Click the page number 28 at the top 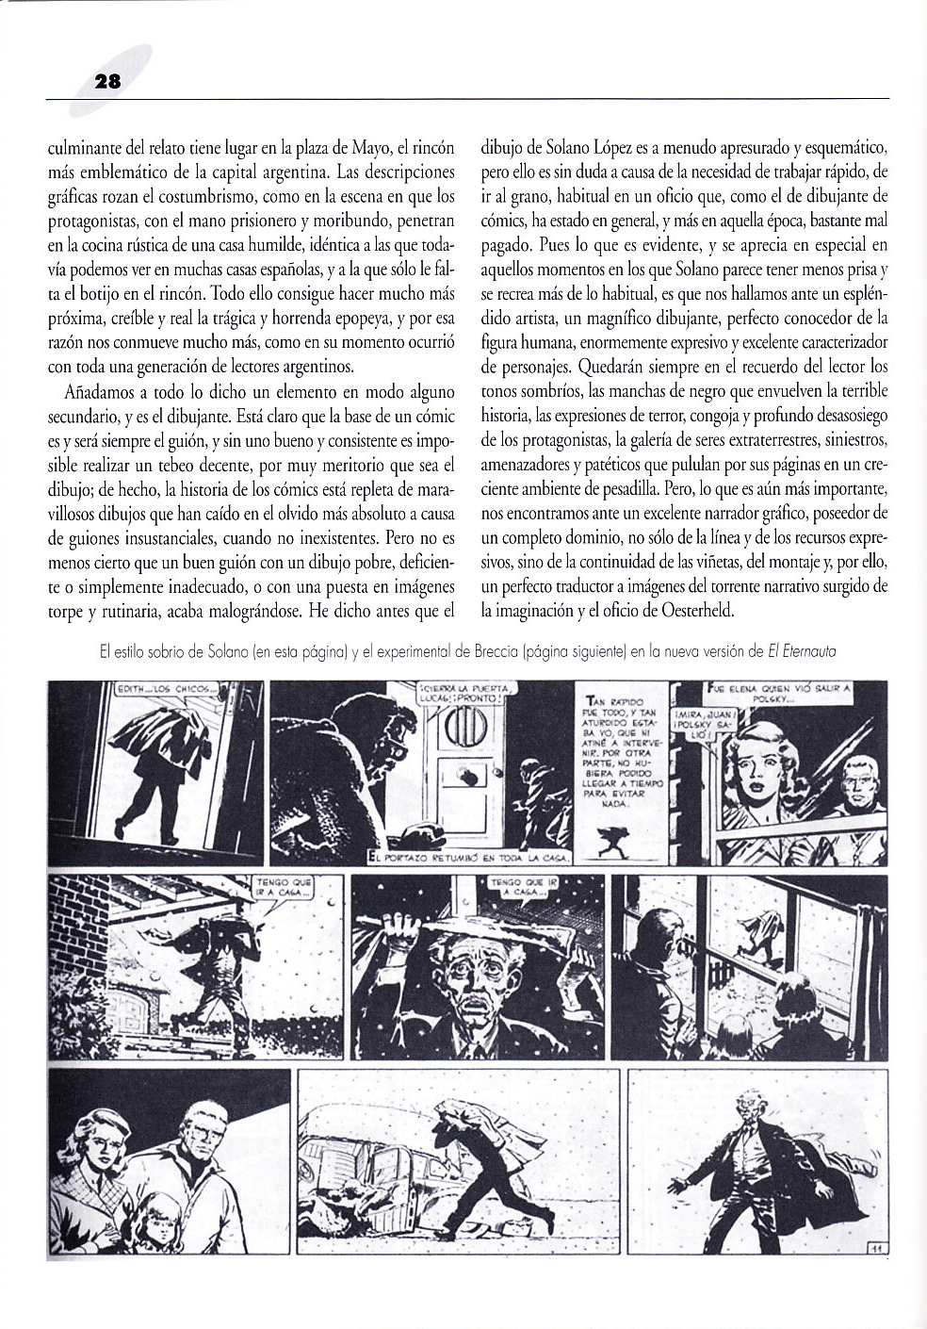108,82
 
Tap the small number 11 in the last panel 873,1249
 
